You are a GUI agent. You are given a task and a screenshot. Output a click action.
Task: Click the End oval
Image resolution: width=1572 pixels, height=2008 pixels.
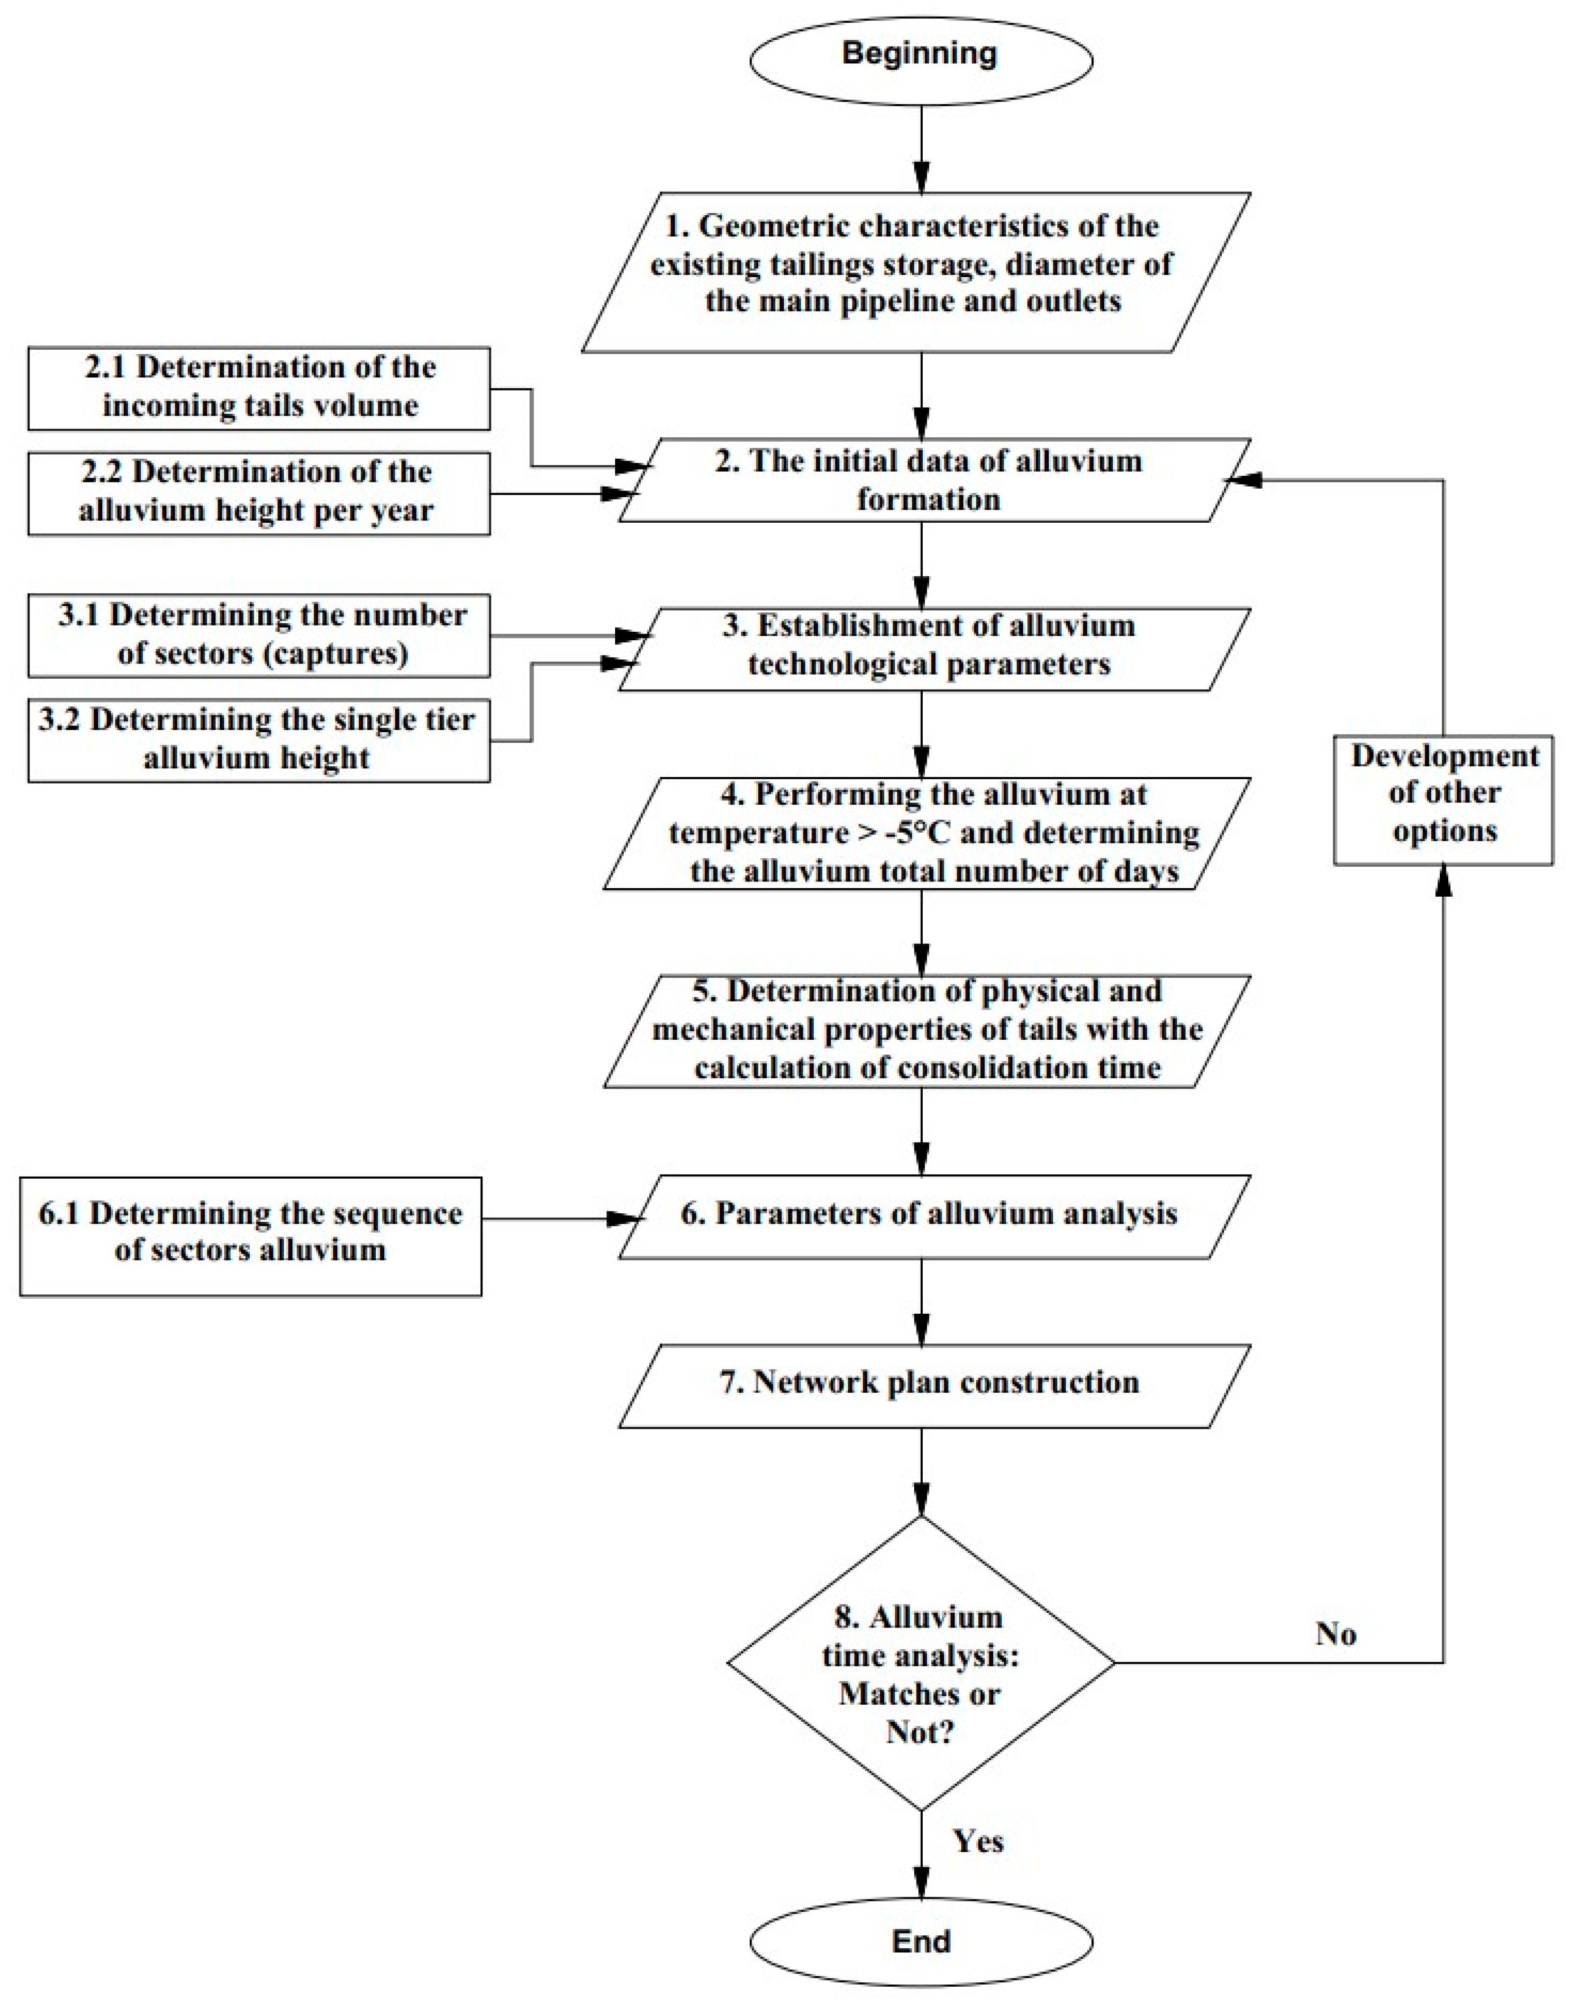(x=920, y=1942)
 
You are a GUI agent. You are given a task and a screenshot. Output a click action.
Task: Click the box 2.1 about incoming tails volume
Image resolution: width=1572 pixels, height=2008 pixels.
(x=259, y=387)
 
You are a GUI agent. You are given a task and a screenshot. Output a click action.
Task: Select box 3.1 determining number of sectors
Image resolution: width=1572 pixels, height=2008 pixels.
(x=259, y=635)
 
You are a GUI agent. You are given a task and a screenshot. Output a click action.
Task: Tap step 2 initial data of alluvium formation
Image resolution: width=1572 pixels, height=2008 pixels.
(x=929, y=480)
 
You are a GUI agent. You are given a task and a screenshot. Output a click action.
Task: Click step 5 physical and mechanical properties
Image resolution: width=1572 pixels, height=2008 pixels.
(x=925, y=1031)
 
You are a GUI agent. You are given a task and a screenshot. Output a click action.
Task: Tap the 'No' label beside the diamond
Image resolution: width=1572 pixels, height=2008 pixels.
(x=1336, y=1634)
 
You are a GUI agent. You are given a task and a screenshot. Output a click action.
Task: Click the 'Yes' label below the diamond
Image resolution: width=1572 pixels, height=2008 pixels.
(x=977, y=1841)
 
